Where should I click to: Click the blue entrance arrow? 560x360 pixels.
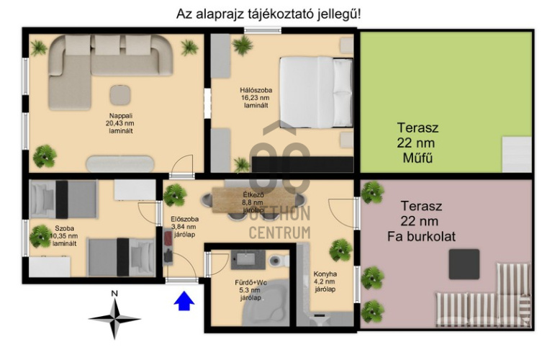(x=185, y=300)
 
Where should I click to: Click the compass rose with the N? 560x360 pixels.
(x=114, y=315)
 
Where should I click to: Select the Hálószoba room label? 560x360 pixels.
(x=256, y=98)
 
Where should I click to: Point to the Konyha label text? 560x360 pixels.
(x=325, y=282)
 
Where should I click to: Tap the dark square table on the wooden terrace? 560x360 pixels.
(x=464, y=264)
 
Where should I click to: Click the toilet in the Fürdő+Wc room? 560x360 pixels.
(x=282, y=259)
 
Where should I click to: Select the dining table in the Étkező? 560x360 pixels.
(x=256, y=197)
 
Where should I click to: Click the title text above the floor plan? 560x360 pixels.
(x=279, y=14)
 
